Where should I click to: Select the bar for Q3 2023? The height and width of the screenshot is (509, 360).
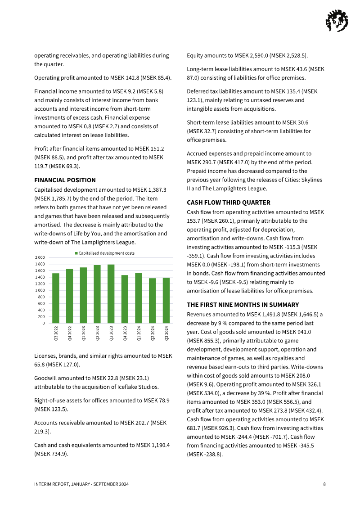(111, 293)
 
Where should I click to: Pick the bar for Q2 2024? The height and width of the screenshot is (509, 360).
(152, 300)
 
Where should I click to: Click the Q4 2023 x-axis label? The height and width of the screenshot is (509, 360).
(125, 334)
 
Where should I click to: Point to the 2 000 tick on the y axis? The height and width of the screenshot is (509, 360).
(40, 257)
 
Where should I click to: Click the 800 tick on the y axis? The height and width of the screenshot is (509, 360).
(41, 297)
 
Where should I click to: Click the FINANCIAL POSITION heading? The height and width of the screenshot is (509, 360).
(65, 180)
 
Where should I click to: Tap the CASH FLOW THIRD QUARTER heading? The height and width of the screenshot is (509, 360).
(228, 203)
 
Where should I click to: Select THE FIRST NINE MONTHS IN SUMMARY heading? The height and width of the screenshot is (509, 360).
(243, 305)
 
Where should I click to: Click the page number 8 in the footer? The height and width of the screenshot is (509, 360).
(324, 484)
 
